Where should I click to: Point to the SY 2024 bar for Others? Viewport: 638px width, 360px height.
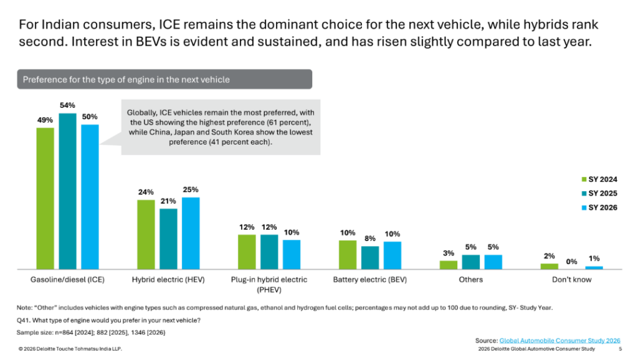(x=448, y=265)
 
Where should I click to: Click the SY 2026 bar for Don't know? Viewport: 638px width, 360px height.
(x=594, y=267)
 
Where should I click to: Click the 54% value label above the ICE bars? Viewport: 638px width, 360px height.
(x=68, y=106)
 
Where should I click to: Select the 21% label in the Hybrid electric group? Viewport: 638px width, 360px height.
(x=168, y=202)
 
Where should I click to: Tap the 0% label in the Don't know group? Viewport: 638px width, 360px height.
(x=572, y=262)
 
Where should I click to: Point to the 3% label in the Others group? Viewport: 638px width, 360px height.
(x=448, y=253)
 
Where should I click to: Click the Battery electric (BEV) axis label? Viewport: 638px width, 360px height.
(x=370, y=280)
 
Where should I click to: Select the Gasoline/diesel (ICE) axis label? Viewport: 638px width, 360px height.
(x=67, y=280)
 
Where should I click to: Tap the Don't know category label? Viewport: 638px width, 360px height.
(x=571, y=280)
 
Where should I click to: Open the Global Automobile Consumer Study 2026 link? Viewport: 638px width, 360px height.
(x=559, y=341)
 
